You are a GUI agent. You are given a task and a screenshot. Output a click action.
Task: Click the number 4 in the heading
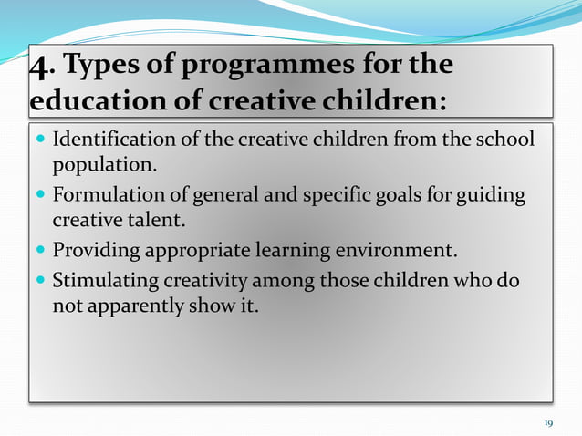(39, 67)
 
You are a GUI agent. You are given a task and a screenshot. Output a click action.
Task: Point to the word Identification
(113, 140)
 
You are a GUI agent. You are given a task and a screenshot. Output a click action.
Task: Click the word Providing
(92, 251)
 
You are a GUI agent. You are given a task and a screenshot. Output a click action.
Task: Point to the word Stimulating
(101, 281)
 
